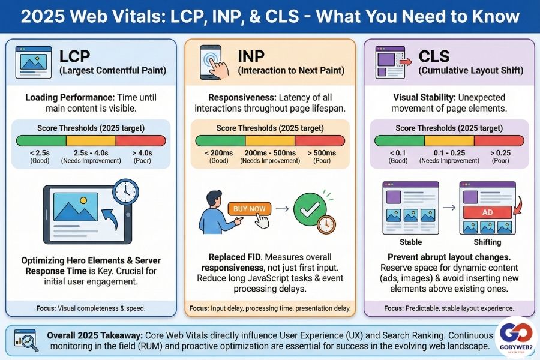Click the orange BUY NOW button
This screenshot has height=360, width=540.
point(250,209)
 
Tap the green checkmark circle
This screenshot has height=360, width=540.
point(310,209)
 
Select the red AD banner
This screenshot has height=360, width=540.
point(487,212)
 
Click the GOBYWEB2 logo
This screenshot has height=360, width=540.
point(516,337)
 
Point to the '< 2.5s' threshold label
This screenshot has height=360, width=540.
point(40,153)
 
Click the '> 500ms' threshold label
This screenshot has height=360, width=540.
point(322,153)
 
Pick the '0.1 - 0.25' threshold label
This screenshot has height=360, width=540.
point(449,153)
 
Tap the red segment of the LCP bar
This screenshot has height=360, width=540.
point(141,141)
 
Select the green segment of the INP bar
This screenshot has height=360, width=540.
point(220,141)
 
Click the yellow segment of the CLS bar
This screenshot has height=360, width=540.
point(449,141)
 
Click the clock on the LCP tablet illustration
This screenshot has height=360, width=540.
point(125,191)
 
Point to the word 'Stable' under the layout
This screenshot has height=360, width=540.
point(410,242)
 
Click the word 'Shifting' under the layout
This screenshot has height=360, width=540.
point(487,242)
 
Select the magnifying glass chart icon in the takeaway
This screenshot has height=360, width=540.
point(26,340)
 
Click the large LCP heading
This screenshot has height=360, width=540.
point(74,56)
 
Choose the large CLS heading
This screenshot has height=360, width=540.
point(434,56)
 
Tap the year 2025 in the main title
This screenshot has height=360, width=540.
point(43,16)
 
